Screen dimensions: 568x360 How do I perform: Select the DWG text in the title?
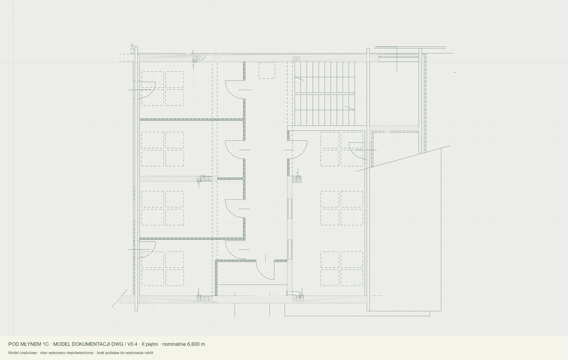117,344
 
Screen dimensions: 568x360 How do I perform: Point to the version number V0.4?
133,344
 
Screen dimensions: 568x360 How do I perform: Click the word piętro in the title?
152,345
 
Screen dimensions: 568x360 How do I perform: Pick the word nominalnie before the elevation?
174,344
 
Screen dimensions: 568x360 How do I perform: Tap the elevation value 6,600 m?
196,344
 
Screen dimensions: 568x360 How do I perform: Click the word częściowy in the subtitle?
28,353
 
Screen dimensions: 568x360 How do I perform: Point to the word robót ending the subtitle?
149,353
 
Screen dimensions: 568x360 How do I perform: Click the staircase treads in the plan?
324,93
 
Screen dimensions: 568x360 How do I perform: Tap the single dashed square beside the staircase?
267,70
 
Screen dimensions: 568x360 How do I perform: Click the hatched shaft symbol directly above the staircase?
296,58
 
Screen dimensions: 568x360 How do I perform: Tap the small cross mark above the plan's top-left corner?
132,46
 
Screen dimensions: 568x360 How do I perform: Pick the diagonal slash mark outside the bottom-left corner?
120,298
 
